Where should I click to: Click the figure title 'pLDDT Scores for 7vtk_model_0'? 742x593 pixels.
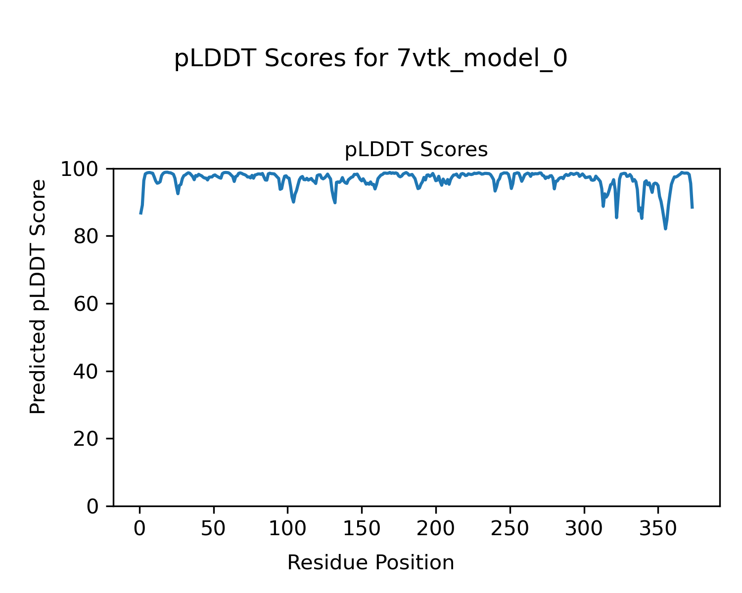pyautogui.click(x=371, y=59)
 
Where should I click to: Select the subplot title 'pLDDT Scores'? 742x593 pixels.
pyautogui.click(x=416, y=150)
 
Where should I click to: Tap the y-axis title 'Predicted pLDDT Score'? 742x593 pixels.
pyautogui.click(x=38, y=296)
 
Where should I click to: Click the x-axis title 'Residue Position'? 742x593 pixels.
pyautogui.click(x=371, y=562)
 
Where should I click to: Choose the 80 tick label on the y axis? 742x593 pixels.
pyautogui.click(x=87, y=236)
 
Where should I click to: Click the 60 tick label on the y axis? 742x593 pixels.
pyautogui.click(x=87, y=304)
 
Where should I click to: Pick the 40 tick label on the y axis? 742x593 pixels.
pyautogui.click(x=87, y=371)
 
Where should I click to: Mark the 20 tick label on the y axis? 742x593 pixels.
pyautogui.click(x=87, y=439)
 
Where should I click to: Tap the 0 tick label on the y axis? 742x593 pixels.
pyautogui.click(x=93, y=506)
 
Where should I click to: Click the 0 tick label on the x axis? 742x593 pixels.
pyautogui.click(x=140, y=529)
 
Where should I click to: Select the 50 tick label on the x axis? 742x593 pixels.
pyautogui.click(x=214, y=529)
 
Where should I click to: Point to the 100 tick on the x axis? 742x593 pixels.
pyautogui.click(x=288, y=529)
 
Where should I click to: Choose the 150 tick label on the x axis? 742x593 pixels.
pyautogui.click(x=362, y=529)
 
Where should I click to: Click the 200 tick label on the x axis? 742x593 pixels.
pyautogui.click(x=436, y=529)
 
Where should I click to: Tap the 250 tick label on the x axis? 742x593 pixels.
pyautogui.click(x=510, y=529)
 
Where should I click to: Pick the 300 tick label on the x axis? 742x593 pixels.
pyautogui.click(x=584, y=529)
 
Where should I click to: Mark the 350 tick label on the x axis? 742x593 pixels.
pyautogui.click(x=658, y=529)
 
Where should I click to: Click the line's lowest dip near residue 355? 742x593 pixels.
pyautogui.click(x=665, y=228)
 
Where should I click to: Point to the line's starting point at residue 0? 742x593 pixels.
pyautogui.click(x=140, y=213)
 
